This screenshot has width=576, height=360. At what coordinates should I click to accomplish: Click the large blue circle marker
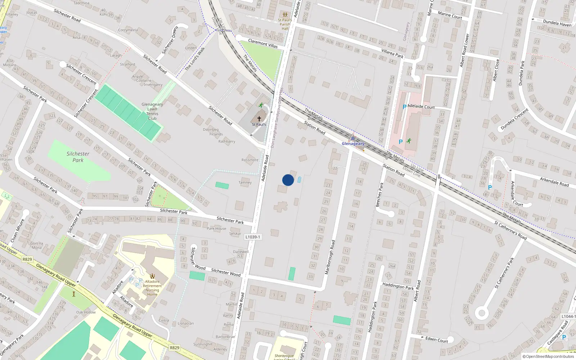(288, 180)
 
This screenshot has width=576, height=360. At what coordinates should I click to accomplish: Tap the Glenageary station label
(353, 144)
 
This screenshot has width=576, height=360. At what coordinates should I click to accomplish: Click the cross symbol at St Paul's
(259, 118)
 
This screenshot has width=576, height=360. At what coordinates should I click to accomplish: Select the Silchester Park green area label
(78, 157)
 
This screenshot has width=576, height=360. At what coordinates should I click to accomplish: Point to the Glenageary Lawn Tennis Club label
(152, 111)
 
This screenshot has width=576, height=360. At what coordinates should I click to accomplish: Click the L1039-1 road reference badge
(252, 237)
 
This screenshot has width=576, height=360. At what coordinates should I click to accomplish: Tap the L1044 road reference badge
(567, 316)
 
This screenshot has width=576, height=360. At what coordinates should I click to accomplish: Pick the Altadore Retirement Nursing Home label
(152, 288)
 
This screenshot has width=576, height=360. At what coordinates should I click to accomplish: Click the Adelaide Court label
(422, 107)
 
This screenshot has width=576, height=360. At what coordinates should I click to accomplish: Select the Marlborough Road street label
(330, 257)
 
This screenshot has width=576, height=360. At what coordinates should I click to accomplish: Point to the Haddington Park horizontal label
(398, 286)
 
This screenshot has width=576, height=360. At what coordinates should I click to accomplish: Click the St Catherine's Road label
(510, 230)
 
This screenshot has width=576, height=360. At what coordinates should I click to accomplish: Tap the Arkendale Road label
(554, 182)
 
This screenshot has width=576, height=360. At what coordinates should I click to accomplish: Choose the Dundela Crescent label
(515, 119)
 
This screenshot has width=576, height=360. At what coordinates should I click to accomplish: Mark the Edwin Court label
(437, 339)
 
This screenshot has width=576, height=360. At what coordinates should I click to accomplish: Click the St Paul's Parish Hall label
(285, 24)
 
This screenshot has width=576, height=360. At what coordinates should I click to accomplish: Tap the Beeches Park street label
(379, 195)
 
